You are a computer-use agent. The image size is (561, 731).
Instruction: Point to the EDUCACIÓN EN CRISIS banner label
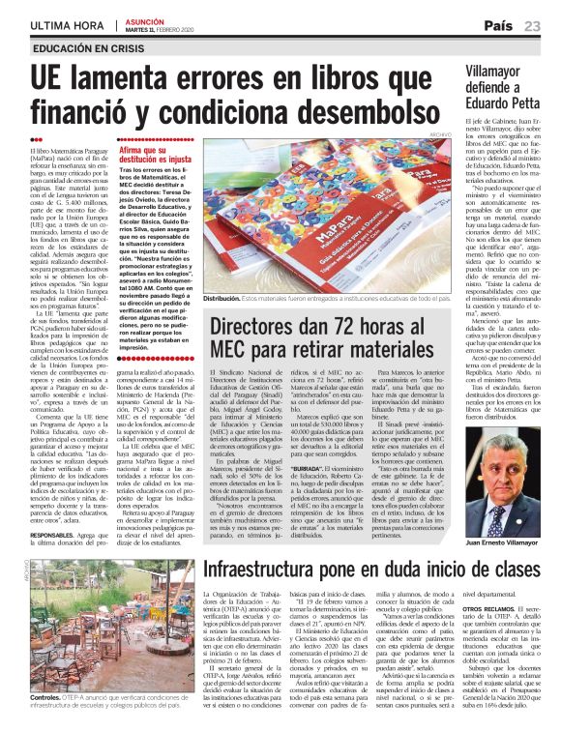point(83,47)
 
